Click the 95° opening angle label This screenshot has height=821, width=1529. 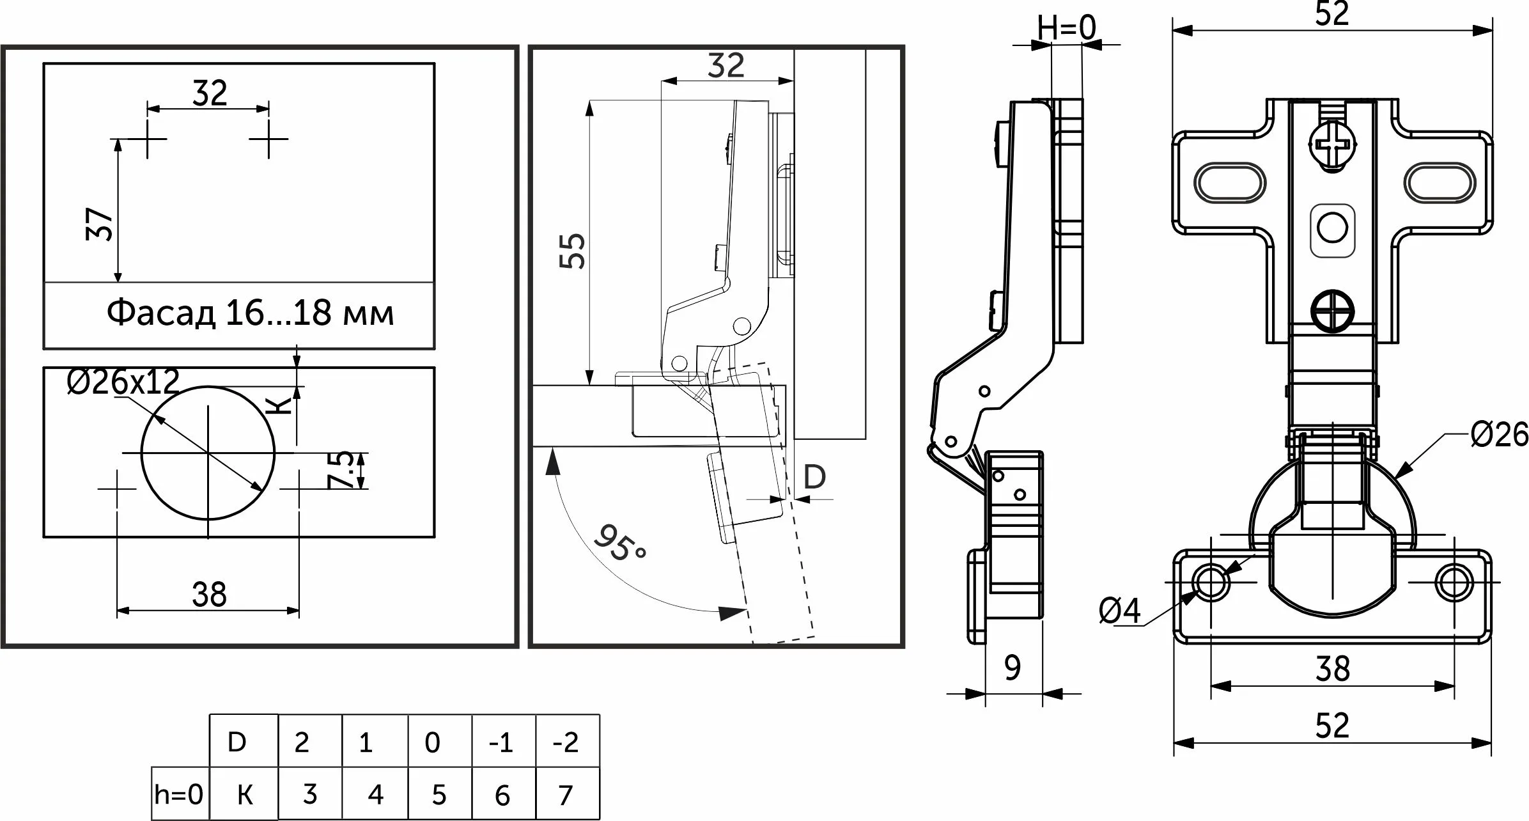coord(619,543)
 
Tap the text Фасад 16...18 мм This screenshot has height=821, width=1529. coord(250,313)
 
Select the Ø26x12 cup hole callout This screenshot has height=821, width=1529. coord(123,382)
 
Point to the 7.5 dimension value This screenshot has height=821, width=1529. coord(342,470)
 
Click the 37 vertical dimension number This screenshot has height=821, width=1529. coord(100,223)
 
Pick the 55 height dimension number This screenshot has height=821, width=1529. coord(573,251)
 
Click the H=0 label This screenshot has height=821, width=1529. coord(1066,28)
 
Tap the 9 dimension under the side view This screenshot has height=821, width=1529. coord(1013,668)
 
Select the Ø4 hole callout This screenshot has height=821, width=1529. coord(1120,611)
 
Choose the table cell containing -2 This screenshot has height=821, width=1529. coord(567,742)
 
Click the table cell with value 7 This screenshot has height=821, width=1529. coord(566,795)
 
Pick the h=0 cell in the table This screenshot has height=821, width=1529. coord(179,795)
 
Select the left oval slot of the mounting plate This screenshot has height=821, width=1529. coord(1231,184)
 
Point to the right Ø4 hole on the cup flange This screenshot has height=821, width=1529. coord(1454,583)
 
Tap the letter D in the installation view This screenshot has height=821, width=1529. coord(814,477)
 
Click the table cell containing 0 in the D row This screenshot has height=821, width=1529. coord(433,742)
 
